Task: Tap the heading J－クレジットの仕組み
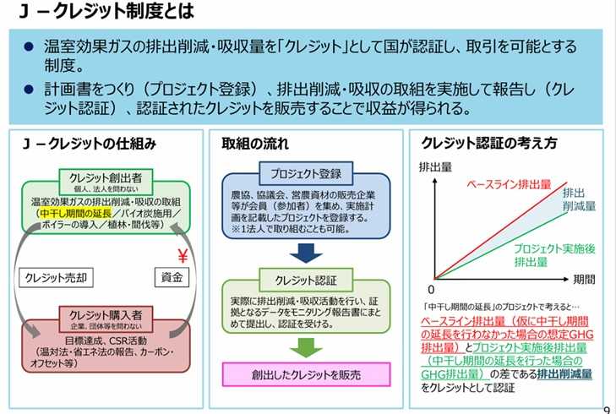click(90, 144)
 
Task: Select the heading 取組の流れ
click(255, 144)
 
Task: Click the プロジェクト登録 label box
click(306, 174)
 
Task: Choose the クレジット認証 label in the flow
click(306, 281)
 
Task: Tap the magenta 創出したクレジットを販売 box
click(306, 373)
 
